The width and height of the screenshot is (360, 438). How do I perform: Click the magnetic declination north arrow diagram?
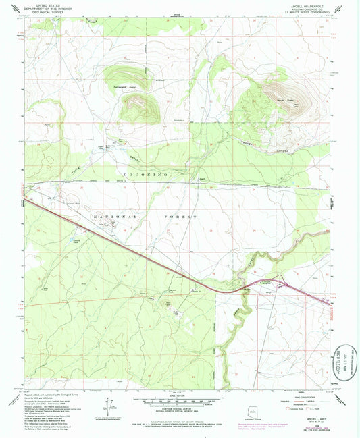(106, 405)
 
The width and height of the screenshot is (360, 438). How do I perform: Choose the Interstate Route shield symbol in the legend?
(288, 408)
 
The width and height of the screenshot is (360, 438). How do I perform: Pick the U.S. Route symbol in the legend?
(312, 408)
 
